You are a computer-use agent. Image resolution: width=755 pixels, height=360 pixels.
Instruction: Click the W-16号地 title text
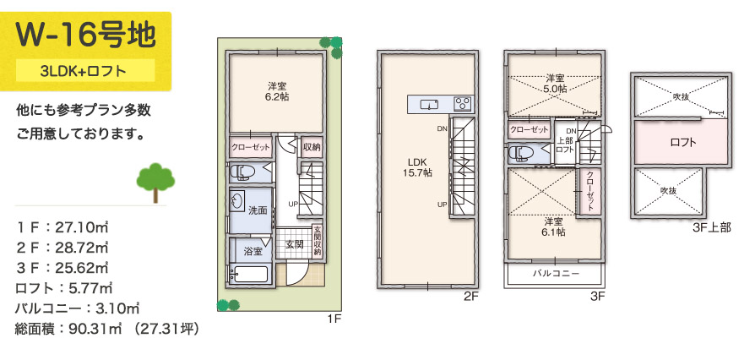coord(84,35)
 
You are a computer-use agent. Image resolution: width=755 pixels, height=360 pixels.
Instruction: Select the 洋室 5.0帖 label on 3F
coord(554,83)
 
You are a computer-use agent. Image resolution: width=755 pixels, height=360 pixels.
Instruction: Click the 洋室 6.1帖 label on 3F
coord(553,226)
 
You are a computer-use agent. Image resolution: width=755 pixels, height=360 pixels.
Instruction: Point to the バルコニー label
coord(555,275)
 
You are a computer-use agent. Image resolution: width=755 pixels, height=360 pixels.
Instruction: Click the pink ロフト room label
coord(682,142)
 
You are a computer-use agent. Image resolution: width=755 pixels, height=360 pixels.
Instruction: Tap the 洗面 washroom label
coord(258,209)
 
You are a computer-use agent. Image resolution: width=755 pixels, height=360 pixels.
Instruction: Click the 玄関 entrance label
coord(294,244)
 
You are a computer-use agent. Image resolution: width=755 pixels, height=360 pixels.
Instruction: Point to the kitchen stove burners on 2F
coord(463,104)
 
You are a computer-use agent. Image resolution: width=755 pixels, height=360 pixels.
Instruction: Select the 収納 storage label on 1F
coord(312,147)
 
